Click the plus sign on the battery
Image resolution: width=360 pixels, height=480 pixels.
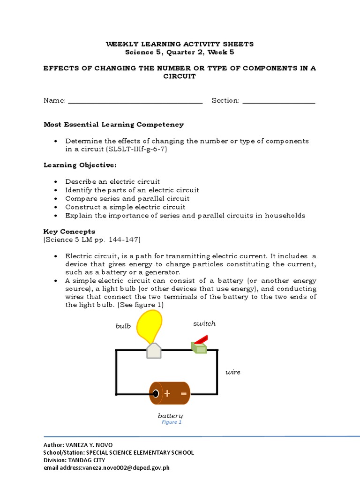[167, 393]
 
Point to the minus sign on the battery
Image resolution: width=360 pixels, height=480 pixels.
[183, 393]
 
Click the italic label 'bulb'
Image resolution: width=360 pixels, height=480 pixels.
[123, 326]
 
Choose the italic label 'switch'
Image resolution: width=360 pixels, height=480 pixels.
[204, 323]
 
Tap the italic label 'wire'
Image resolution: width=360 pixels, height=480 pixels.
[232, 372]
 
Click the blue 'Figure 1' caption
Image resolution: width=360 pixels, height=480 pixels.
[172, 422]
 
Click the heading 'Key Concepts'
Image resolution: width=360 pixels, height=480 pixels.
[69, 231]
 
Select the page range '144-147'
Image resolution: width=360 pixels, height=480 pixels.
[123, 240]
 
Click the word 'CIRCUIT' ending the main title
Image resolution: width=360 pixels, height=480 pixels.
[179, 76]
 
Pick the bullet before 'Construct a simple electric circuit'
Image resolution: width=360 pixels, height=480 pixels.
[56, 207]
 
